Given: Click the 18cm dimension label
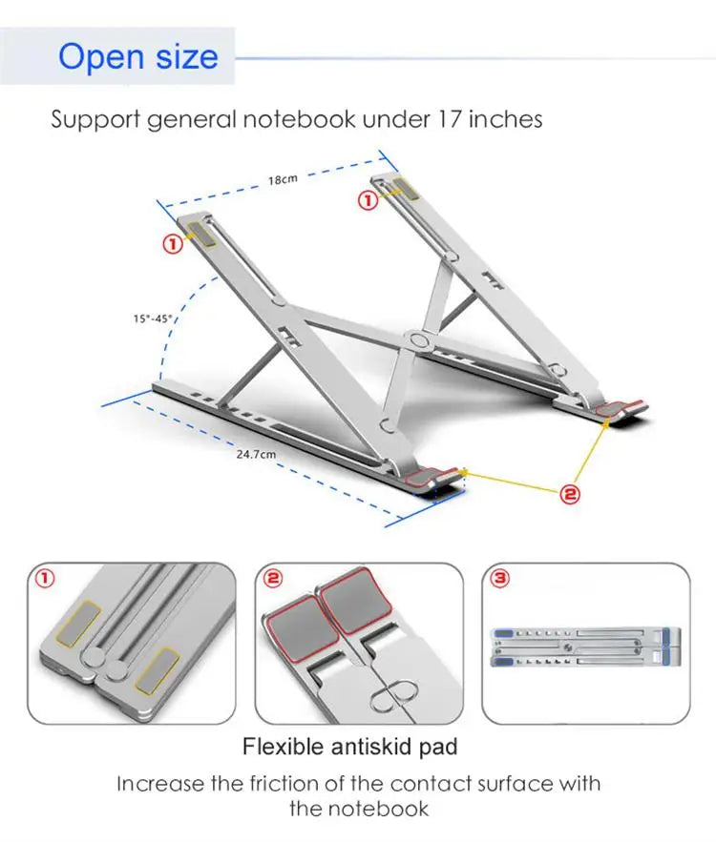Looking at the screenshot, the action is (283, 179).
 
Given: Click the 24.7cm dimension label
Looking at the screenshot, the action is (257, 454).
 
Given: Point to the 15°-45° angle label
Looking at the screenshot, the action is (153, 319).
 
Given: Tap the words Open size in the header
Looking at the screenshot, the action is (138, 56).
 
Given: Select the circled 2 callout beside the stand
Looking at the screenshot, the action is (570, 494).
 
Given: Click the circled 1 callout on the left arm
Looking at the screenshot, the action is (173, 245).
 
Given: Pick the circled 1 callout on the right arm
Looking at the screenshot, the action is (368, 201).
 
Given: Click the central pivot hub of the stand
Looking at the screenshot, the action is (418, 339).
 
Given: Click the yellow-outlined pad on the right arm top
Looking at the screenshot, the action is (403, 190).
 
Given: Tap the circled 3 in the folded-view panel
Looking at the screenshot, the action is (500, 578).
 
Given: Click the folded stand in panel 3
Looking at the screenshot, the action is (586, 647).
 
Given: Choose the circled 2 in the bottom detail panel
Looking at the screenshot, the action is (273, 578).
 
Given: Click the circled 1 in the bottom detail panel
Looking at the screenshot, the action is (45, 578).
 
